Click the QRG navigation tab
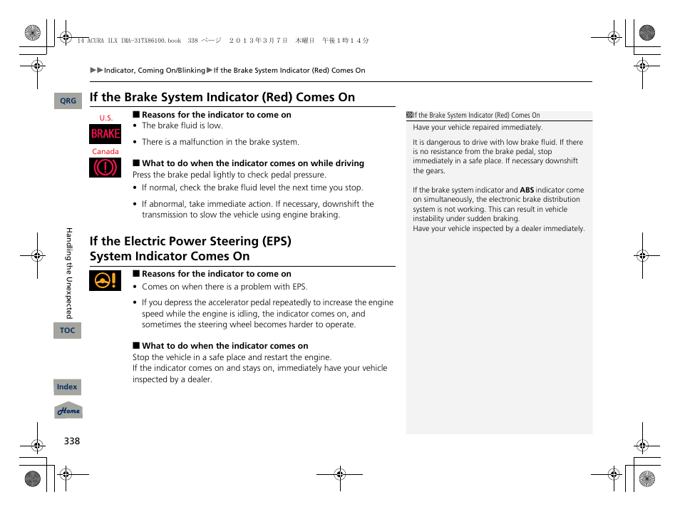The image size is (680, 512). (x=68, y=101)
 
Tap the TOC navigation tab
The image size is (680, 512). (x=67, y=330)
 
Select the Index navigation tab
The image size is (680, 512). (x=67, y=387)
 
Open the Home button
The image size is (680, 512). (x=68, y=411)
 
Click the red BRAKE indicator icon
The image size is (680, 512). (x=105, y=134)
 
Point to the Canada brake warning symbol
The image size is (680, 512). (x=105, y=168)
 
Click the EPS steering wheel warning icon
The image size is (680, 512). (x=105, y=281)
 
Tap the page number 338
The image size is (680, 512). (x=71, y=441)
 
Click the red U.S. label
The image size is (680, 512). (x=106, y=118)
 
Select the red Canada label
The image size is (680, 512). (x=105, y=152)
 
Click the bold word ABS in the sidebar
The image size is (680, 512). (x=526, y=190)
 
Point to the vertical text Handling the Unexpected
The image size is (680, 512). (x=69, y=272)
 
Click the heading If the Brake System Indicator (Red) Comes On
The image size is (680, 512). (x=222, y=98)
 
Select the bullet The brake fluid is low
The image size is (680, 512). (x=182, y=126)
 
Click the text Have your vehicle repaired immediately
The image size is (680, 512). (x=478, y=128)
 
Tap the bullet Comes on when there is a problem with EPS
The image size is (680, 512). (x=224, y=287)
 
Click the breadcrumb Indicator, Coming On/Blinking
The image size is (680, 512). (x=154, y=71)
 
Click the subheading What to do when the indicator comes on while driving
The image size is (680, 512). (x=252, y=163)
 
